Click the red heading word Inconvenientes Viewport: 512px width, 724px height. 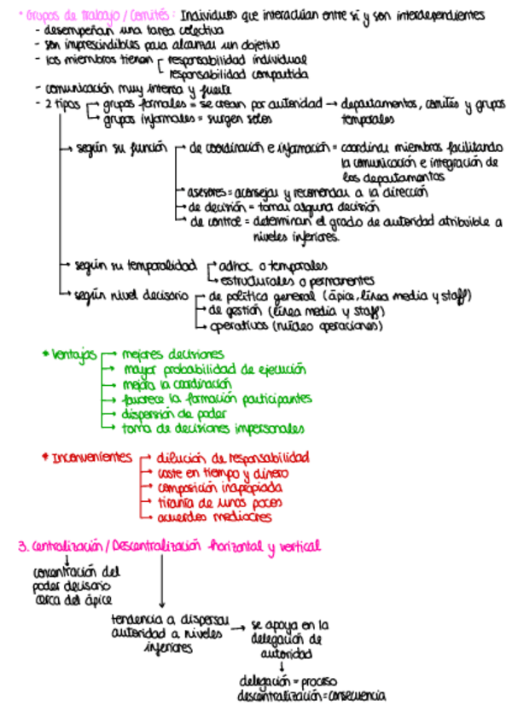click(x=92, y=458)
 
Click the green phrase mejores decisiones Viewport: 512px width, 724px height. click(x=173, y=353)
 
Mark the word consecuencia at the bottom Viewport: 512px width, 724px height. click(x=357, y=696)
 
